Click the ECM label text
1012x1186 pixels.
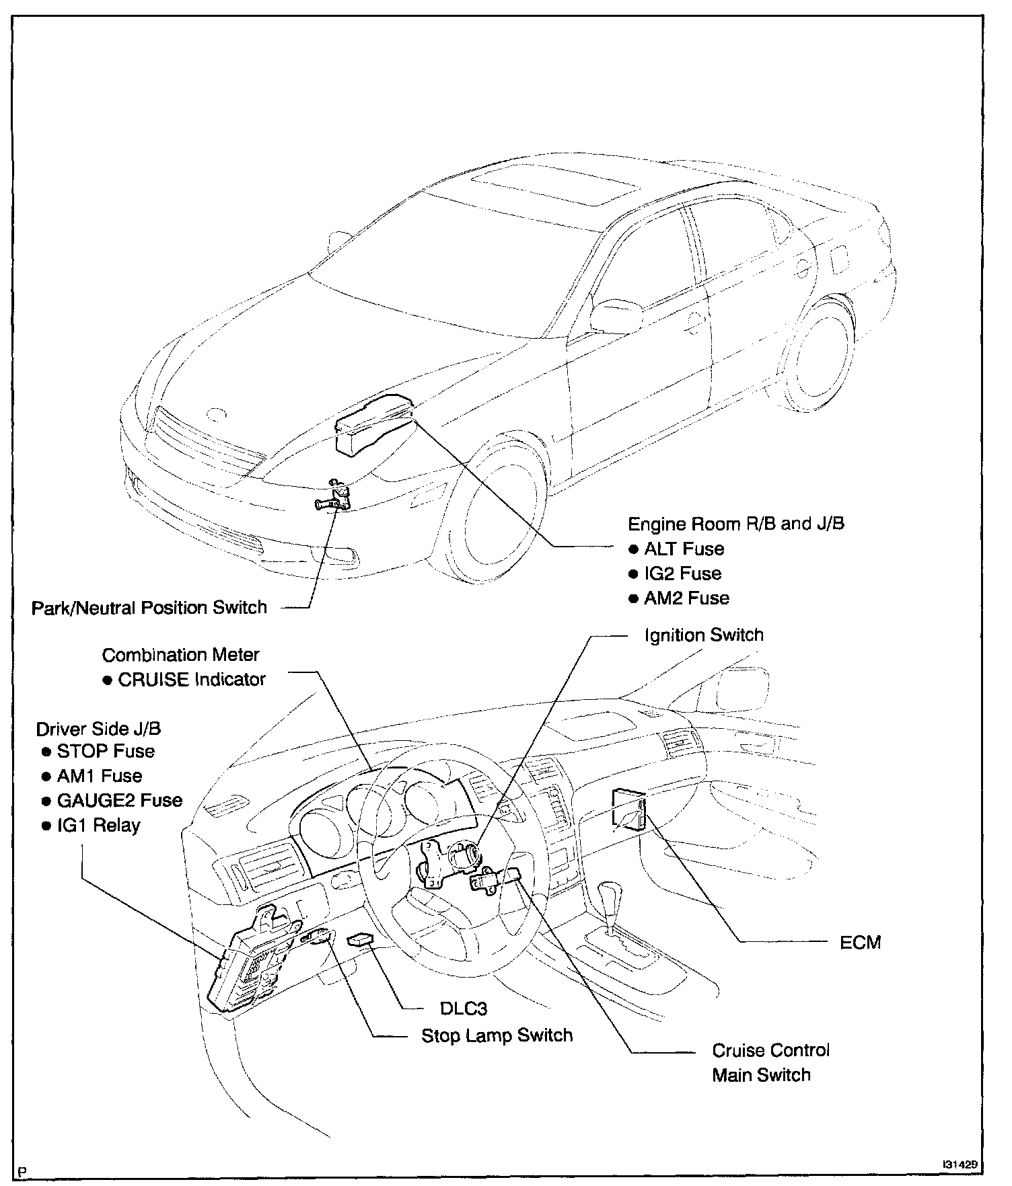click(860, 943)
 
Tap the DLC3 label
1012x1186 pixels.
click(463, 1009)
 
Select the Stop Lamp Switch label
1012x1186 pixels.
click(497, 1035)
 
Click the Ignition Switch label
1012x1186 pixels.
click(704, 635)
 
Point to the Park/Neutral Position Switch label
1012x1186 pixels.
click(149, 608)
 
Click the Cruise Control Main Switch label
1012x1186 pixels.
click(770, 1062)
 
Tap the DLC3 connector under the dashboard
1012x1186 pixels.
click(362, 939)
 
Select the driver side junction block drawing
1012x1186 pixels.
click(246, 961)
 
